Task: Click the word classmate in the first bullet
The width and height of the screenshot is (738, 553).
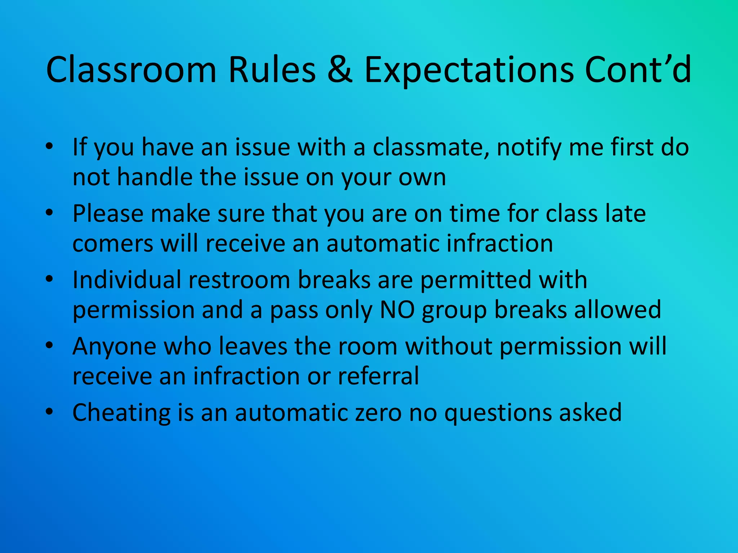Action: point(431,147)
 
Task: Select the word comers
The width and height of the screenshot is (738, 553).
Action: point(113,244)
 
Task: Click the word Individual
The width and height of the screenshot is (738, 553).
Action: point(127,280)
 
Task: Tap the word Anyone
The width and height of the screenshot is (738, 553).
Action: point(114,346)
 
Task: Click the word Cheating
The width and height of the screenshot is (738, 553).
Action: point(121,413)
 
